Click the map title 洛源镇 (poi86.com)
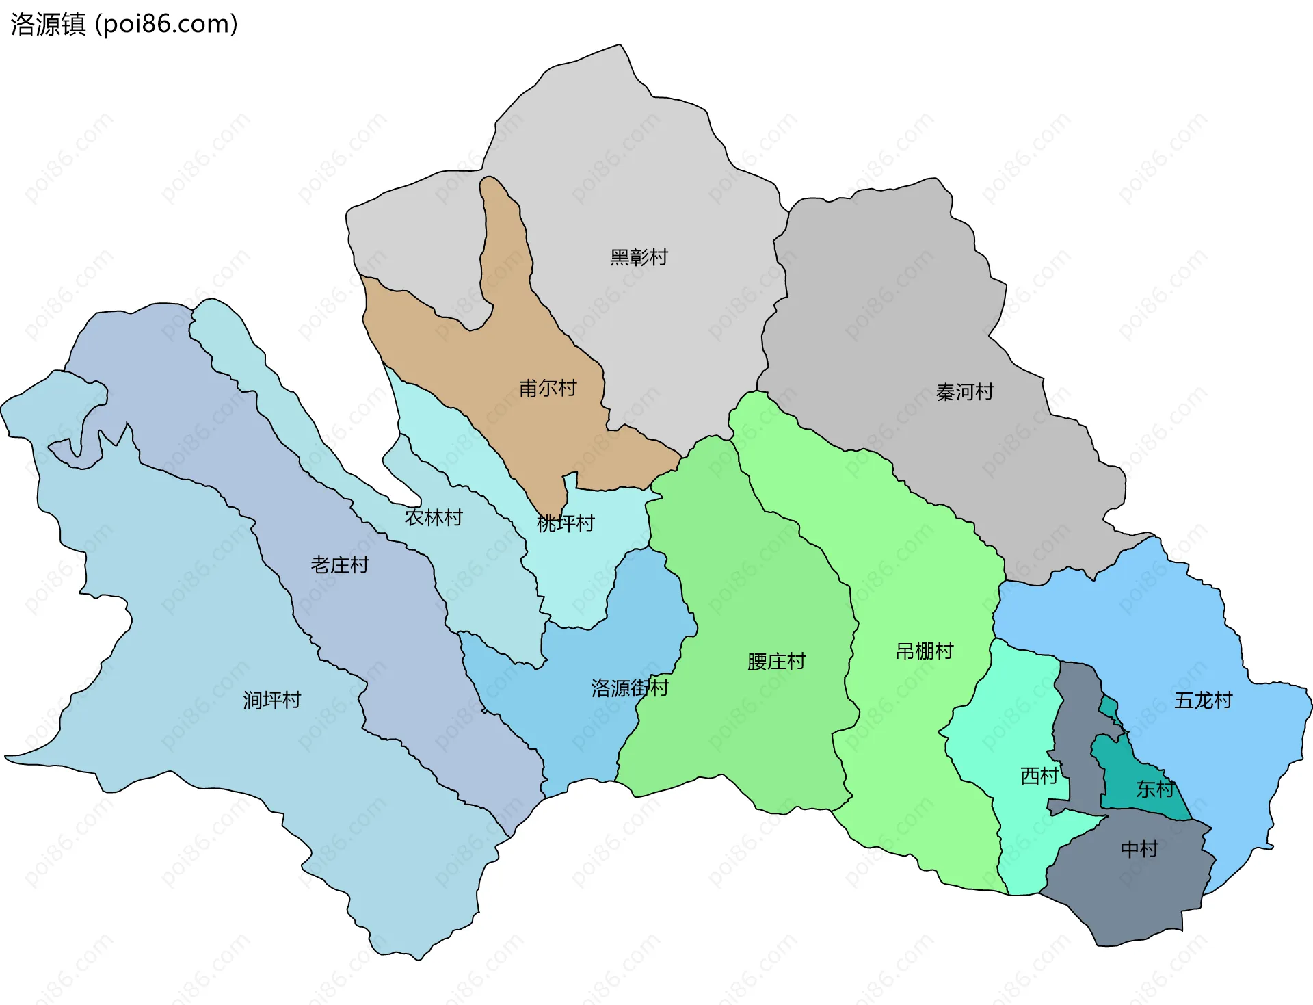124,24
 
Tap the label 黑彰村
639,257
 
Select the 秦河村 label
964,392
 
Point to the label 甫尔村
548,389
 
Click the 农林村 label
434,517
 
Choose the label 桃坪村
566,523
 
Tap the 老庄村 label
340,564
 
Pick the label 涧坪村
271,700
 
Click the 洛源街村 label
630,688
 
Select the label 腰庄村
776,662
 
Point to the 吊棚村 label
925,651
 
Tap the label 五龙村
1203,700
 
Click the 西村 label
1039,776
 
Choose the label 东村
1155,789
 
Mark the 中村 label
1139,849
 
